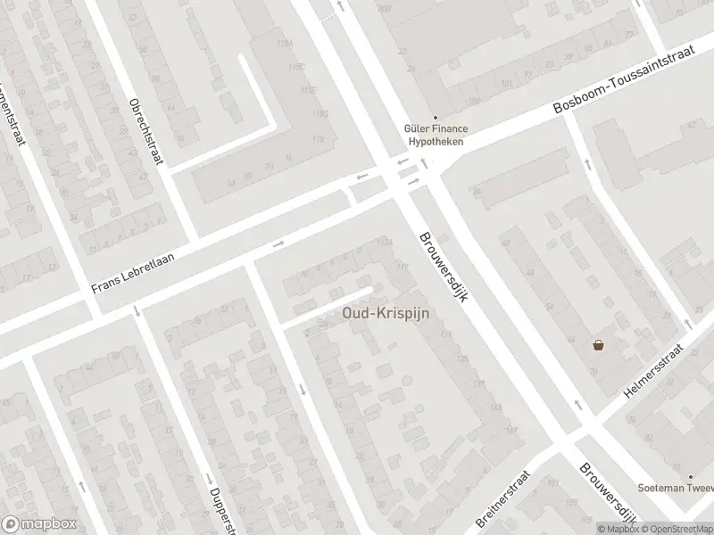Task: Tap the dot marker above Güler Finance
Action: coord(436,117)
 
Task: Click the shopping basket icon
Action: coord(598,345)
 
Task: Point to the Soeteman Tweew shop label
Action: coord(675,488)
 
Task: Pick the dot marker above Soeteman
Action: coord(690,476)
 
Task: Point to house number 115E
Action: coord(310,90)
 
